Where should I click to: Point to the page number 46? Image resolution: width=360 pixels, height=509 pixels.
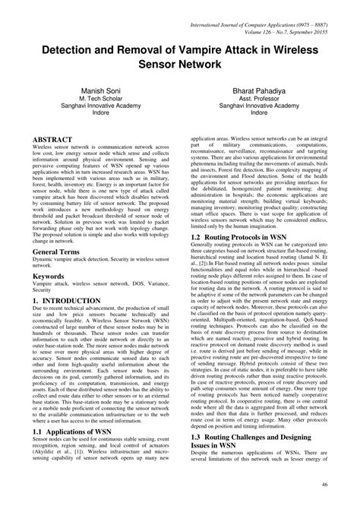pyautogui.click(x=346, y=484)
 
